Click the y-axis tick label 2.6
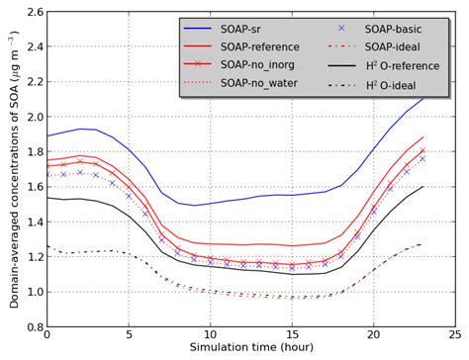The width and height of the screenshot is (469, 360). pyautogui.click(x=31, y=12)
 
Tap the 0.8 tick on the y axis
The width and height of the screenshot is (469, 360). pyautogui.click(x=31, y=326)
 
